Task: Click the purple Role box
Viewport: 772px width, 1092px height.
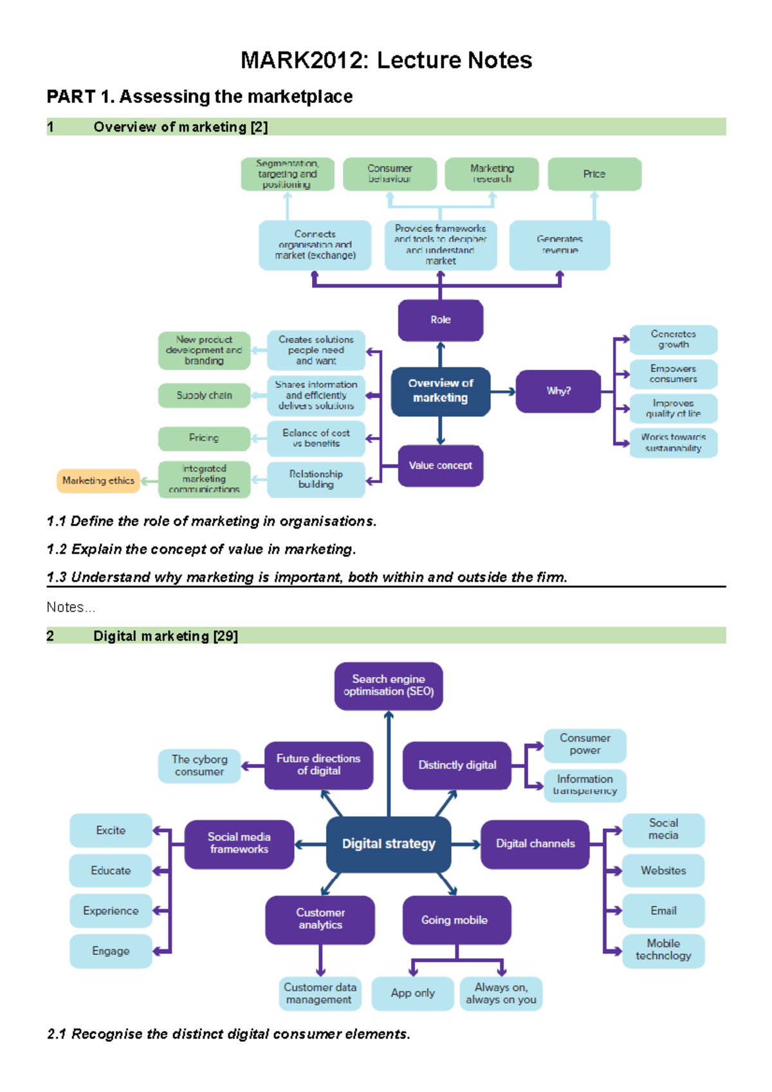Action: pos(440,320)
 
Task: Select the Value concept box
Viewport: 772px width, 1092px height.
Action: pos(440,465)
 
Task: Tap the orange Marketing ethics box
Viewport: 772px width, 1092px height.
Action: pos(98,480)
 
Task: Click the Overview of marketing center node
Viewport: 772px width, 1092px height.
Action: pos(440,390)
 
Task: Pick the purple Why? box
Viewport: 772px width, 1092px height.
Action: pos(558,390)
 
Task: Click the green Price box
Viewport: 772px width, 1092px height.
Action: pos(594,174)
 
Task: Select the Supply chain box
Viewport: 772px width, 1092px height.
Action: pos(204,395)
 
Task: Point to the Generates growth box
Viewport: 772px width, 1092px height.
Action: pos(673,340)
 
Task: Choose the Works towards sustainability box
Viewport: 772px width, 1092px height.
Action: pos(673,442)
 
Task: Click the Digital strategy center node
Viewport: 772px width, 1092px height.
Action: pos(388,844)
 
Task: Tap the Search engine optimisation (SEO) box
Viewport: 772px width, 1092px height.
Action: pos(388,686)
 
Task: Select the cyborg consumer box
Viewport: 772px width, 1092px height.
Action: pos(199,765)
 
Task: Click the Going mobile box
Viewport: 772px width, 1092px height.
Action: pos(456,920)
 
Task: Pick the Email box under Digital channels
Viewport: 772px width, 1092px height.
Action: pos(663,911)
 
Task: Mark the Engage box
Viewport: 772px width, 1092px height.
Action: pos(111,951)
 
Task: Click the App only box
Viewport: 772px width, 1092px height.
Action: pos(412,993)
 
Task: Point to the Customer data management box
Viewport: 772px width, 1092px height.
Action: pos(320,993)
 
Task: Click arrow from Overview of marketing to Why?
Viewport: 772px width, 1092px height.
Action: pos(503,391)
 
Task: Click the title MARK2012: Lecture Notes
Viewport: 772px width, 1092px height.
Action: pos(386,60)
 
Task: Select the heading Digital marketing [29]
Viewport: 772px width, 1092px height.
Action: pos(165,636)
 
